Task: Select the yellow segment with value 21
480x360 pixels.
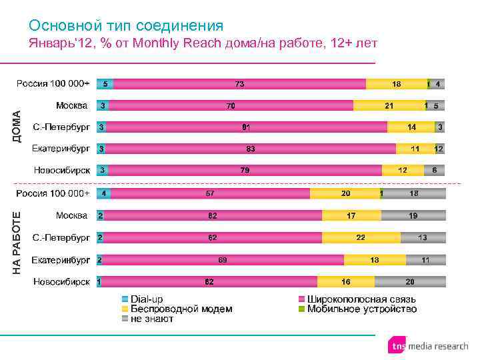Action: pos(389,105)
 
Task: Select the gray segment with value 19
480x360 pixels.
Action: pos(413,215)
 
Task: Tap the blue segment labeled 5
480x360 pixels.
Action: pos(105,84)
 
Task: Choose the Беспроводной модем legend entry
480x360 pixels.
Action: pos(177,309)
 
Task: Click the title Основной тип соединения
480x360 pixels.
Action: pos(126,25)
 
